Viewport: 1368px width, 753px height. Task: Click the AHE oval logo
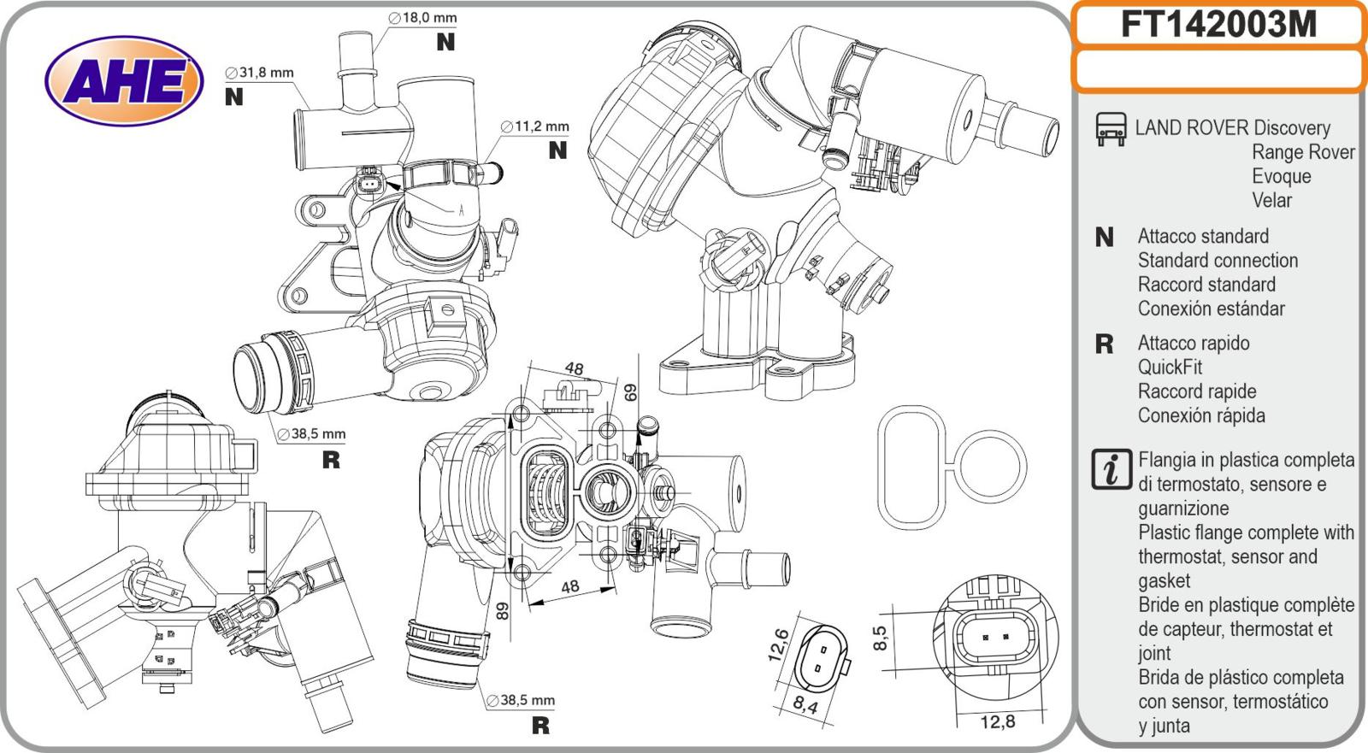click(124, 82)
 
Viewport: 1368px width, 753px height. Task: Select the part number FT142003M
click(1218, 25)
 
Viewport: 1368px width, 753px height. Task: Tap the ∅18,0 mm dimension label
click(422, 17)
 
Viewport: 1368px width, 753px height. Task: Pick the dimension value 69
click(631, 392)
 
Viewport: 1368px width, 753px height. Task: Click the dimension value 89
click(503, 610)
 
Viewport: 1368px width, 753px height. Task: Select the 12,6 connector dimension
click(778, 645)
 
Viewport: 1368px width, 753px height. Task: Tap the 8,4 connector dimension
click(805, 706)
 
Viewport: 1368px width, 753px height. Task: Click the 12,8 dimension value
click(997, 722)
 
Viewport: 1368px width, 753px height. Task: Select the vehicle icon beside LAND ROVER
click(1111, 128)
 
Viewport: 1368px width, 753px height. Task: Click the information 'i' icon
click(1111, 470)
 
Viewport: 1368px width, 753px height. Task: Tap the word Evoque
click(1281, 176)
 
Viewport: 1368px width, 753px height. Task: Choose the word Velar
click(1271, 200)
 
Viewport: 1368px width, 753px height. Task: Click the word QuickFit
click(1170, 368)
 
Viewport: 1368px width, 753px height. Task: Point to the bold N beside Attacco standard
click(1104, 238)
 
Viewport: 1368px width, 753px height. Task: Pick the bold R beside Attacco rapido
click(1104, 344)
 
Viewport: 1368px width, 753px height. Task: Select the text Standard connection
click(1217, 261)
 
